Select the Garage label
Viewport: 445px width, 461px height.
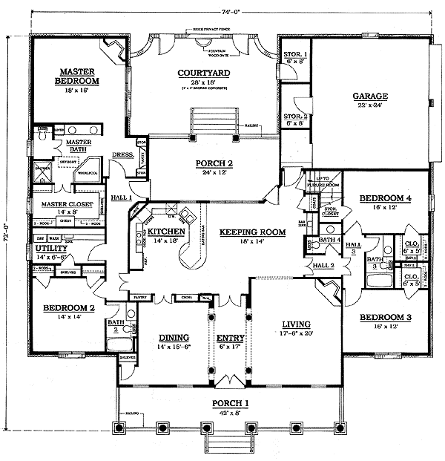point(370,97)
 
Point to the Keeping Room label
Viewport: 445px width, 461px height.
point(252,232)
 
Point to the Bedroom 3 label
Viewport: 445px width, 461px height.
point(384,318)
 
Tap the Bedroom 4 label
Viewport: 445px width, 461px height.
point(384,198)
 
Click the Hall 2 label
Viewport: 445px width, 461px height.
point(323,265)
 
